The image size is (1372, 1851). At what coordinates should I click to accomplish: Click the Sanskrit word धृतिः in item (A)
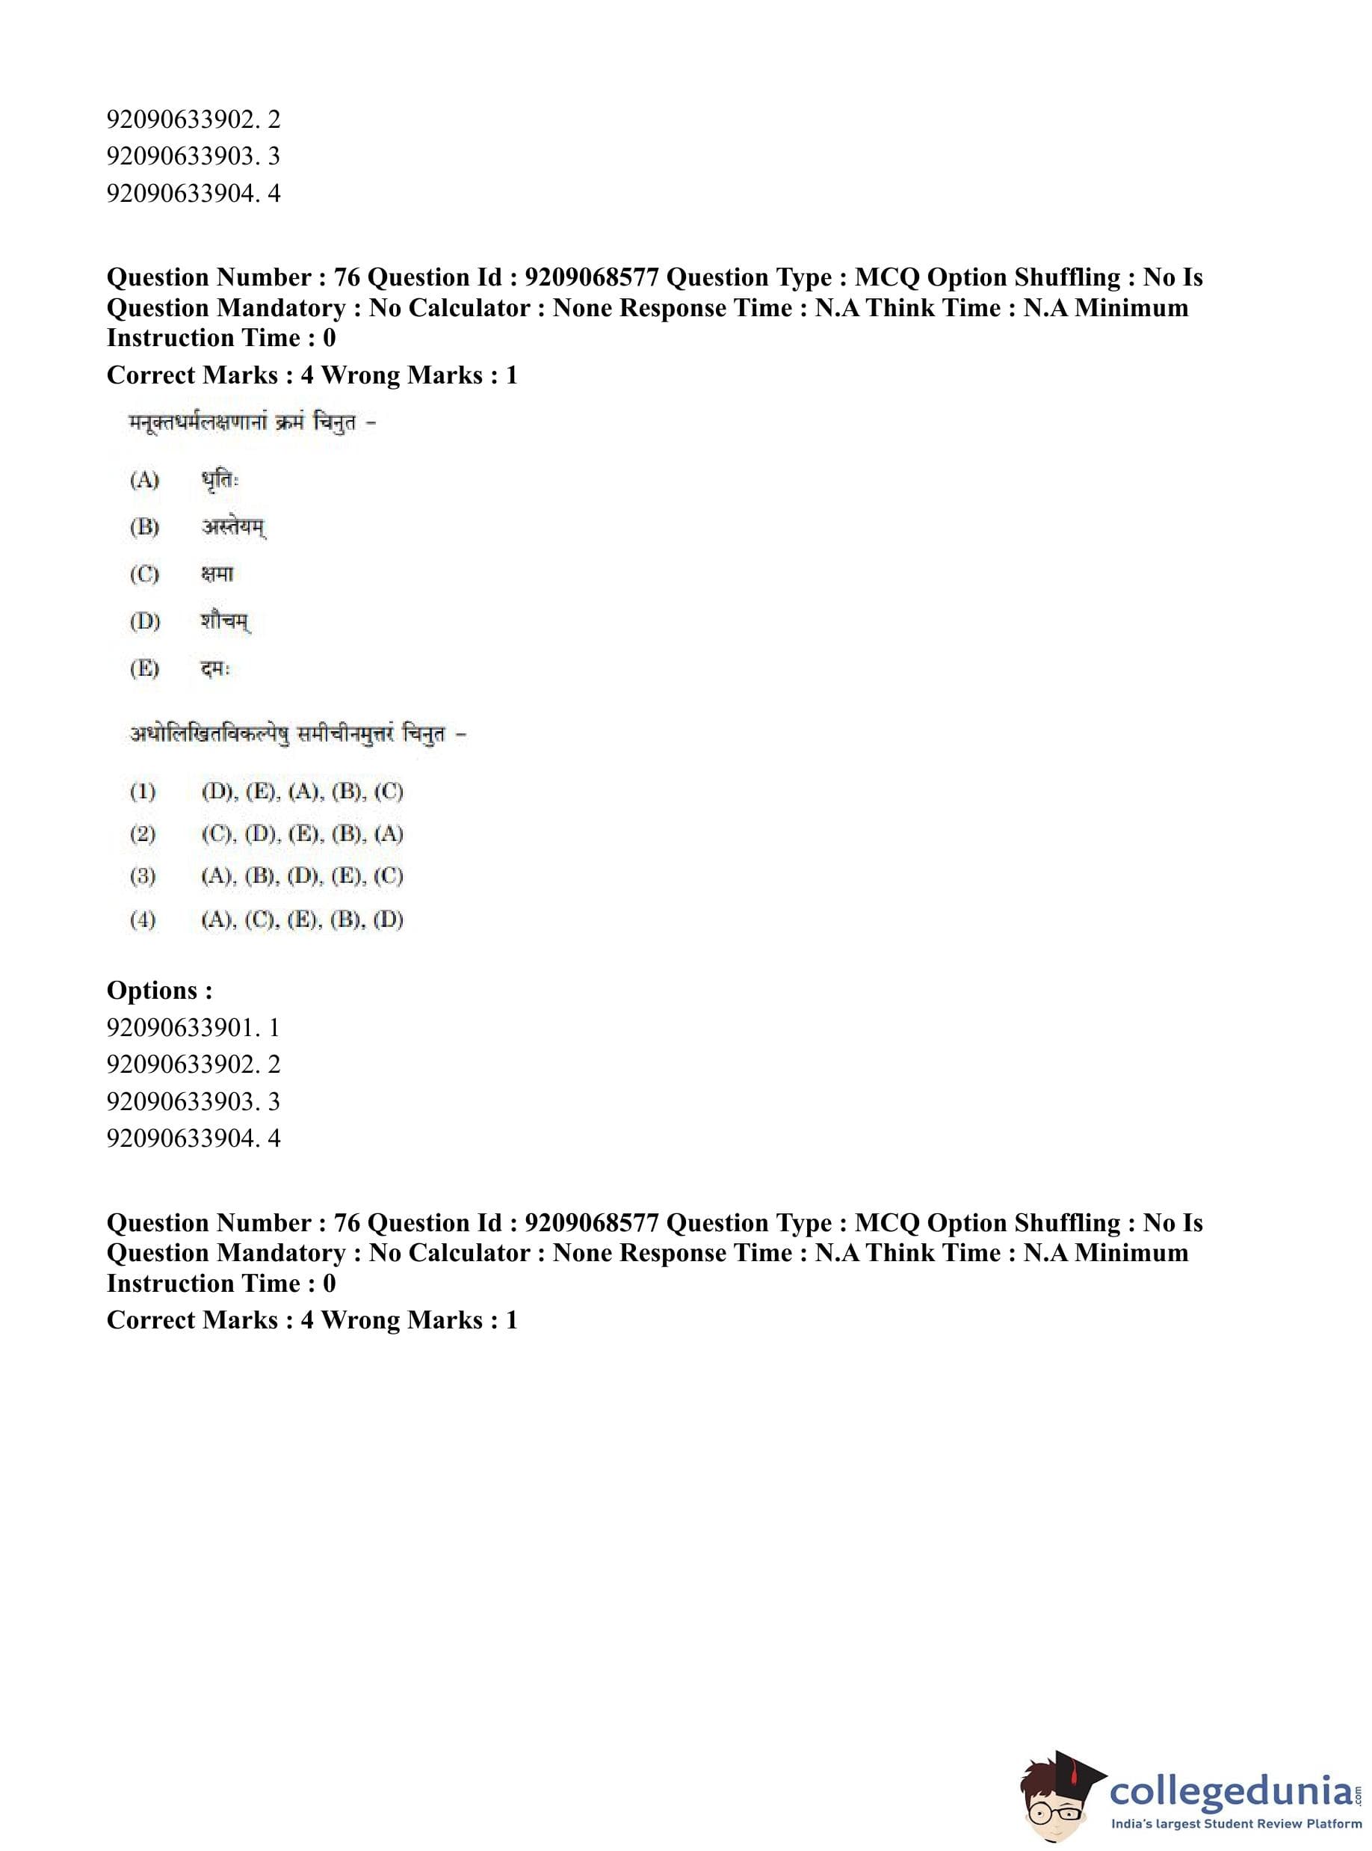pos(219,481)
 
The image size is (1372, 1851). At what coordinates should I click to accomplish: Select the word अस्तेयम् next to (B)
pos(233,528)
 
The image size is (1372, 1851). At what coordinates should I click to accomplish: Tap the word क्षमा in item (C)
pos(217,574)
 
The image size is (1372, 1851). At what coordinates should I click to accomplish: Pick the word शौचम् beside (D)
pos(225,621)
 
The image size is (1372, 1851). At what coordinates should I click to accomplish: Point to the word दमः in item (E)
pos(215,669)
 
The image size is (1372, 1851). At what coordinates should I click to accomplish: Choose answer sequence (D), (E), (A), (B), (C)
pos(303,792)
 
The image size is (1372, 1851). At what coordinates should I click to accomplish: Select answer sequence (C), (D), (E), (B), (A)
pos(303,834)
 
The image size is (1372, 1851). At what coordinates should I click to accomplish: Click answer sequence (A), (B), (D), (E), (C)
pos(303,876)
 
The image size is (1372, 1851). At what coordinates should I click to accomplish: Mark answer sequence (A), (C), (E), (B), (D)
pos(303,920)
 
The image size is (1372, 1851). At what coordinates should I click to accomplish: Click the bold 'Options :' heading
pos(159,991)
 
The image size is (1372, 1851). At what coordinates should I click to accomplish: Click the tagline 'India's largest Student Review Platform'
pos(1236,1824)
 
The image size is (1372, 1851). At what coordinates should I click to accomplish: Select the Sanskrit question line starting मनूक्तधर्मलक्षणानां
pos(253,424)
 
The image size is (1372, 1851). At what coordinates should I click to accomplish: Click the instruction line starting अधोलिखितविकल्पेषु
pos(298,734)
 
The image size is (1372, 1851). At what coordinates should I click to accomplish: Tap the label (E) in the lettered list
pos(144,669)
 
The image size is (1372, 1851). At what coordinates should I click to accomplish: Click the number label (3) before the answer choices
pos(143,876)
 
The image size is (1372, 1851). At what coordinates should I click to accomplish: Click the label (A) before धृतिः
pos(144,481)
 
